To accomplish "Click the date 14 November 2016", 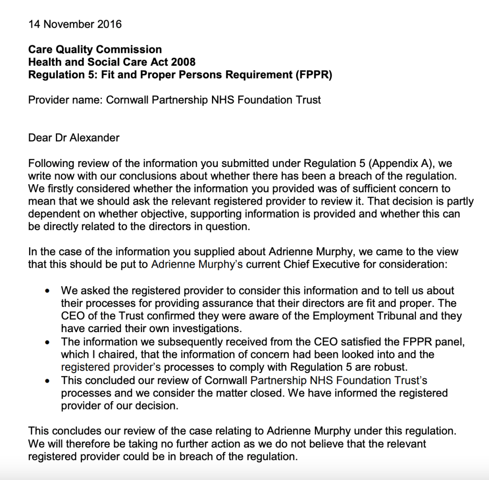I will pos(75,24).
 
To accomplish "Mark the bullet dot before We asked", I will pos(47,291).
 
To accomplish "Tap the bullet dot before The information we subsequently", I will pos(47,342).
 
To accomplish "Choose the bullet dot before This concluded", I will pos(47,381).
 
